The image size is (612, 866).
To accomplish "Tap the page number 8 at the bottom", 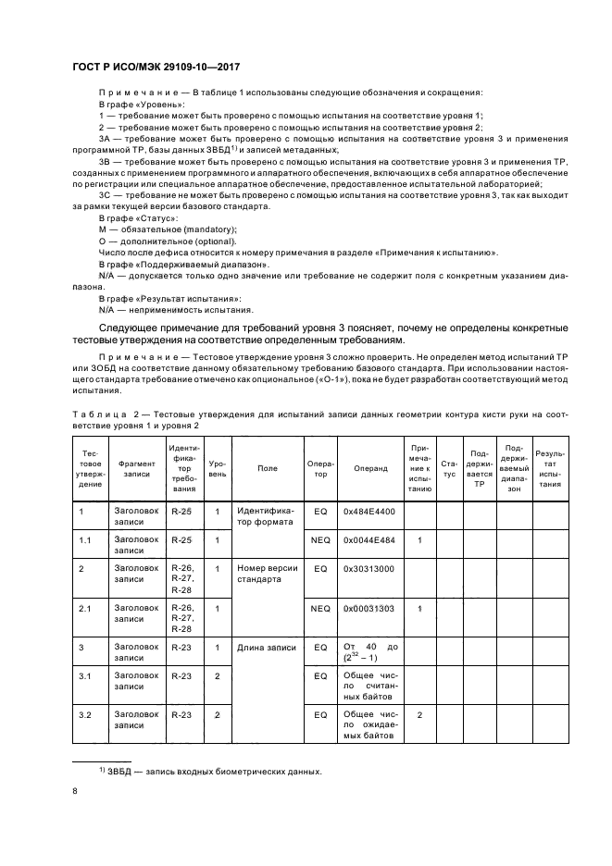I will click(76, 791).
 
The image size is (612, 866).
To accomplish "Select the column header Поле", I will click(268, 468).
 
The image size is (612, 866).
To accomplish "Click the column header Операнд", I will click(370, 468).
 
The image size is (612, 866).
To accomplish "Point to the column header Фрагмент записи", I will click(136, 468).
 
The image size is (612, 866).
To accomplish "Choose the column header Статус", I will click(449, 468).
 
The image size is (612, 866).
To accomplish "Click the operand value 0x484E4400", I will click(368, 511).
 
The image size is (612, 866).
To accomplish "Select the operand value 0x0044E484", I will click(368, 539).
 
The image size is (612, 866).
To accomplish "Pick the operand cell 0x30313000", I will click(368, 568).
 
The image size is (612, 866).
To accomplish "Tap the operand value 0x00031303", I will click(368, 608).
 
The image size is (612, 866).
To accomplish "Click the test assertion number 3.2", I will click(85, 715).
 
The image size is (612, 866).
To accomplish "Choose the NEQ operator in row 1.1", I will click(320, 539).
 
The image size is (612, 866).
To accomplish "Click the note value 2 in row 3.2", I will click(419, 715).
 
